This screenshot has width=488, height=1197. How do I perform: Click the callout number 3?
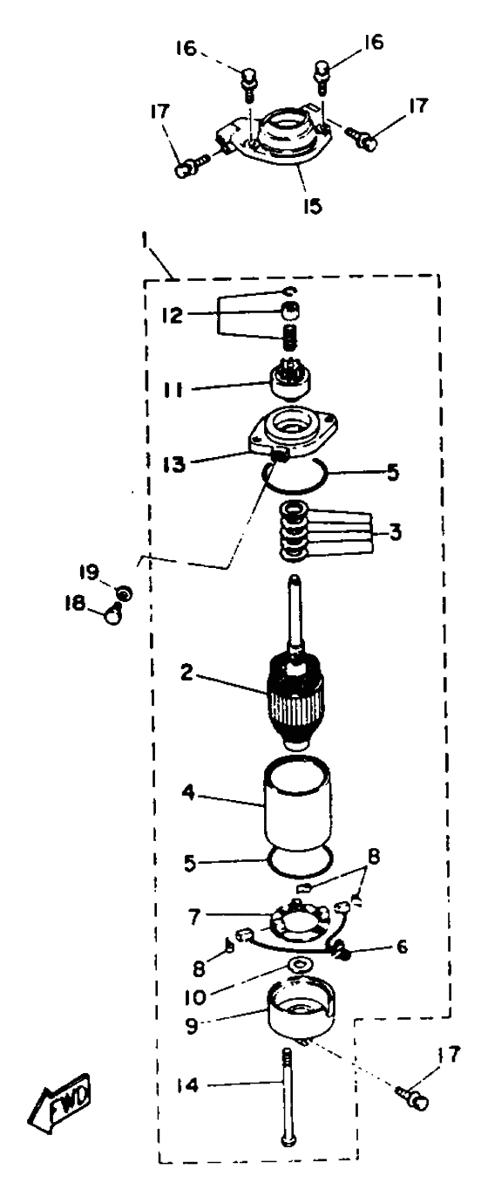click(394, 532)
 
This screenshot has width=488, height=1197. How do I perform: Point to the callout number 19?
click(91, 573)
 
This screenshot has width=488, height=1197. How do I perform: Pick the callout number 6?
click(401, 946)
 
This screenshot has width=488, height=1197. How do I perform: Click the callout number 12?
click(173, 315)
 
